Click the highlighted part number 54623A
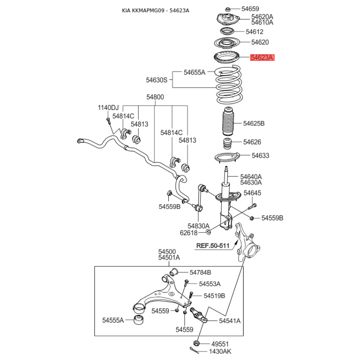click(x=262, y=58)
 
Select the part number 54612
click(x=254, y=32)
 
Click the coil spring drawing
click(x=228, y=85)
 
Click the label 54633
click(x=260, y=156)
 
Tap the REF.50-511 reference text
click(x=213, y=246)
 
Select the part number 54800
click(x=155, y=97)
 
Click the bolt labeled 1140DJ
click(x=108, y=121)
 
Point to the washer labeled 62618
click(x=208, y=232)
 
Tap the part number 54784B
click(x=200, y=272)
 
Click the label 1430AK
click(x=220, y=351)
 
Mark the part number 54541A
click(x=229, y=321)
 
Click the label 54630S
click(x=156, y=80)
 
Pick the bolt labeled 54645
click(x=251, y=207)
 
